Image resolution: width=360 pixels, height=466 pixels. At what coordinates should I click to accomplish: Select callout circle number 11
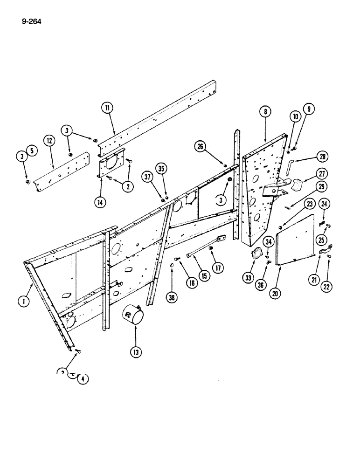107,108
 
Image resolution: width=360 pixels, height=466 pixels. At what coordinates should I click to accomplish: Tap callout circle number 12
49,140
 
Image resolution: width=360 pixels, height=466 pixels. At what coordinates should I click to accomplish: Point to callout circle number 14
100,202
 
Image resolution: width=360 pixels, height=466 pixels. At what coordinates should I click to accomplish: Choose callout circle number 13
136,353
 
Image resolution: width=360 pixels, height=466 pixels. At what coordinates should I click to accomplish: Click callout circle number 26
201,148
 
